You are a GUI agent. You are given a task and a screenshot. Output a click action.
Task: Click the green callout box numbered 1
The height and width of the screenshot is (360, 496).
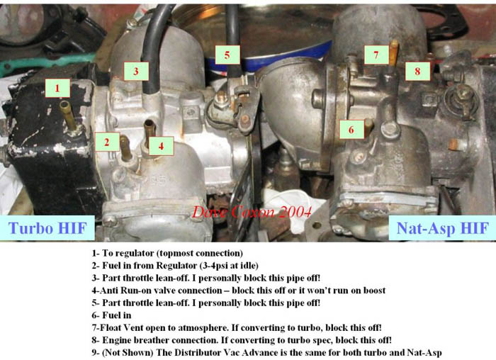[57, 88]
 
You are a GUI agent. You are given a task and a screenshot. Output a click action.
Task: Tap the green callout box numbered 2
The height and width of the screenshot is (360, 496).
[107, 142]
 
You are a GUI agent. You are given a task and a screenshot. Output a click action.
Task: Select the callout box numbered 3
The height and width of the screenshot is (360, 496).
[136, 71]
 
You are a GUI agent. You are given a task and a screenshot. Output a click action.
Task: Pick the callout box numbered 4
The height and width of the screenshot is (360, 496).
[161, 146]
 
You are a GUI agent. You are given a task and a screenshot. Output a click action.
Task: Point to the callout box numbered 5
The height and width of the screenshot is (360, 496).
[227, 55]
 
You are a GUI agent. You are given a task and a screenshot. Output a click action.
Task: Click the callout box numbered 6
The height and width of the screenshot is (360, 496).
[351, 130]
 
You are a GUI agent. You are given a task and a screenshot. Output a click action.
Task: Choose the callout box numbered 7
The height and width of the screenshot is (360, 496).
[376, 55]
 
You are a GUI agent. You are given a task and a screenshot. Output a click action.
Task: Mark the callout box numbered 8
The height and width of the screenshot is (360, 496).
[417, 71]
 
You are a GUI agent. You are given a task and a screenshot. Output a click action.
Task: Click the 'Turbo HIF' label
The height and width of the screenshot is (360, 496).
[47, 227]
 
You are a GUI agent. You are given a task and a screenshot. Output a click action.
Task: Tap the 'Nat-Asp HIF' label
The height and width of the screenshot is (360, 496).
[442, 227]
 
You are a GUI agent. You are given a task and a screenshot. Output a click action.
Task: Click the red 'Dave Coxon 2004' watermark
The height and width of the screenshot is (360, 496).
[252, 212]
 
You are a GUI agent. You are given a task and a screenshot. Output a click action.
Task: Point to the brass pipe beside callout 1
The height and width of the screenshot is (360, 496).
[68, 116]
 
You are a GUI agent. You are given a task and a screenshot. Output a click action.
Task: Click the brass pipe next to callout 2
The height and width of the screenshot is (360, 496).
[125, 148]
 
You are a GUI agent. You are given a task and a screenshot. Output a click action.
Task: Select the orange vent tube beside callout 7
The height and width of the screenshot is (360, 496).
[393, 53]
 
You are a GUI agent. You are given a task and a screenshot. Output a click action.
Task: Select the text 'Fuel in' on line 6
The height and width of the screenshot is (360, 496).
[116, 315]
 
